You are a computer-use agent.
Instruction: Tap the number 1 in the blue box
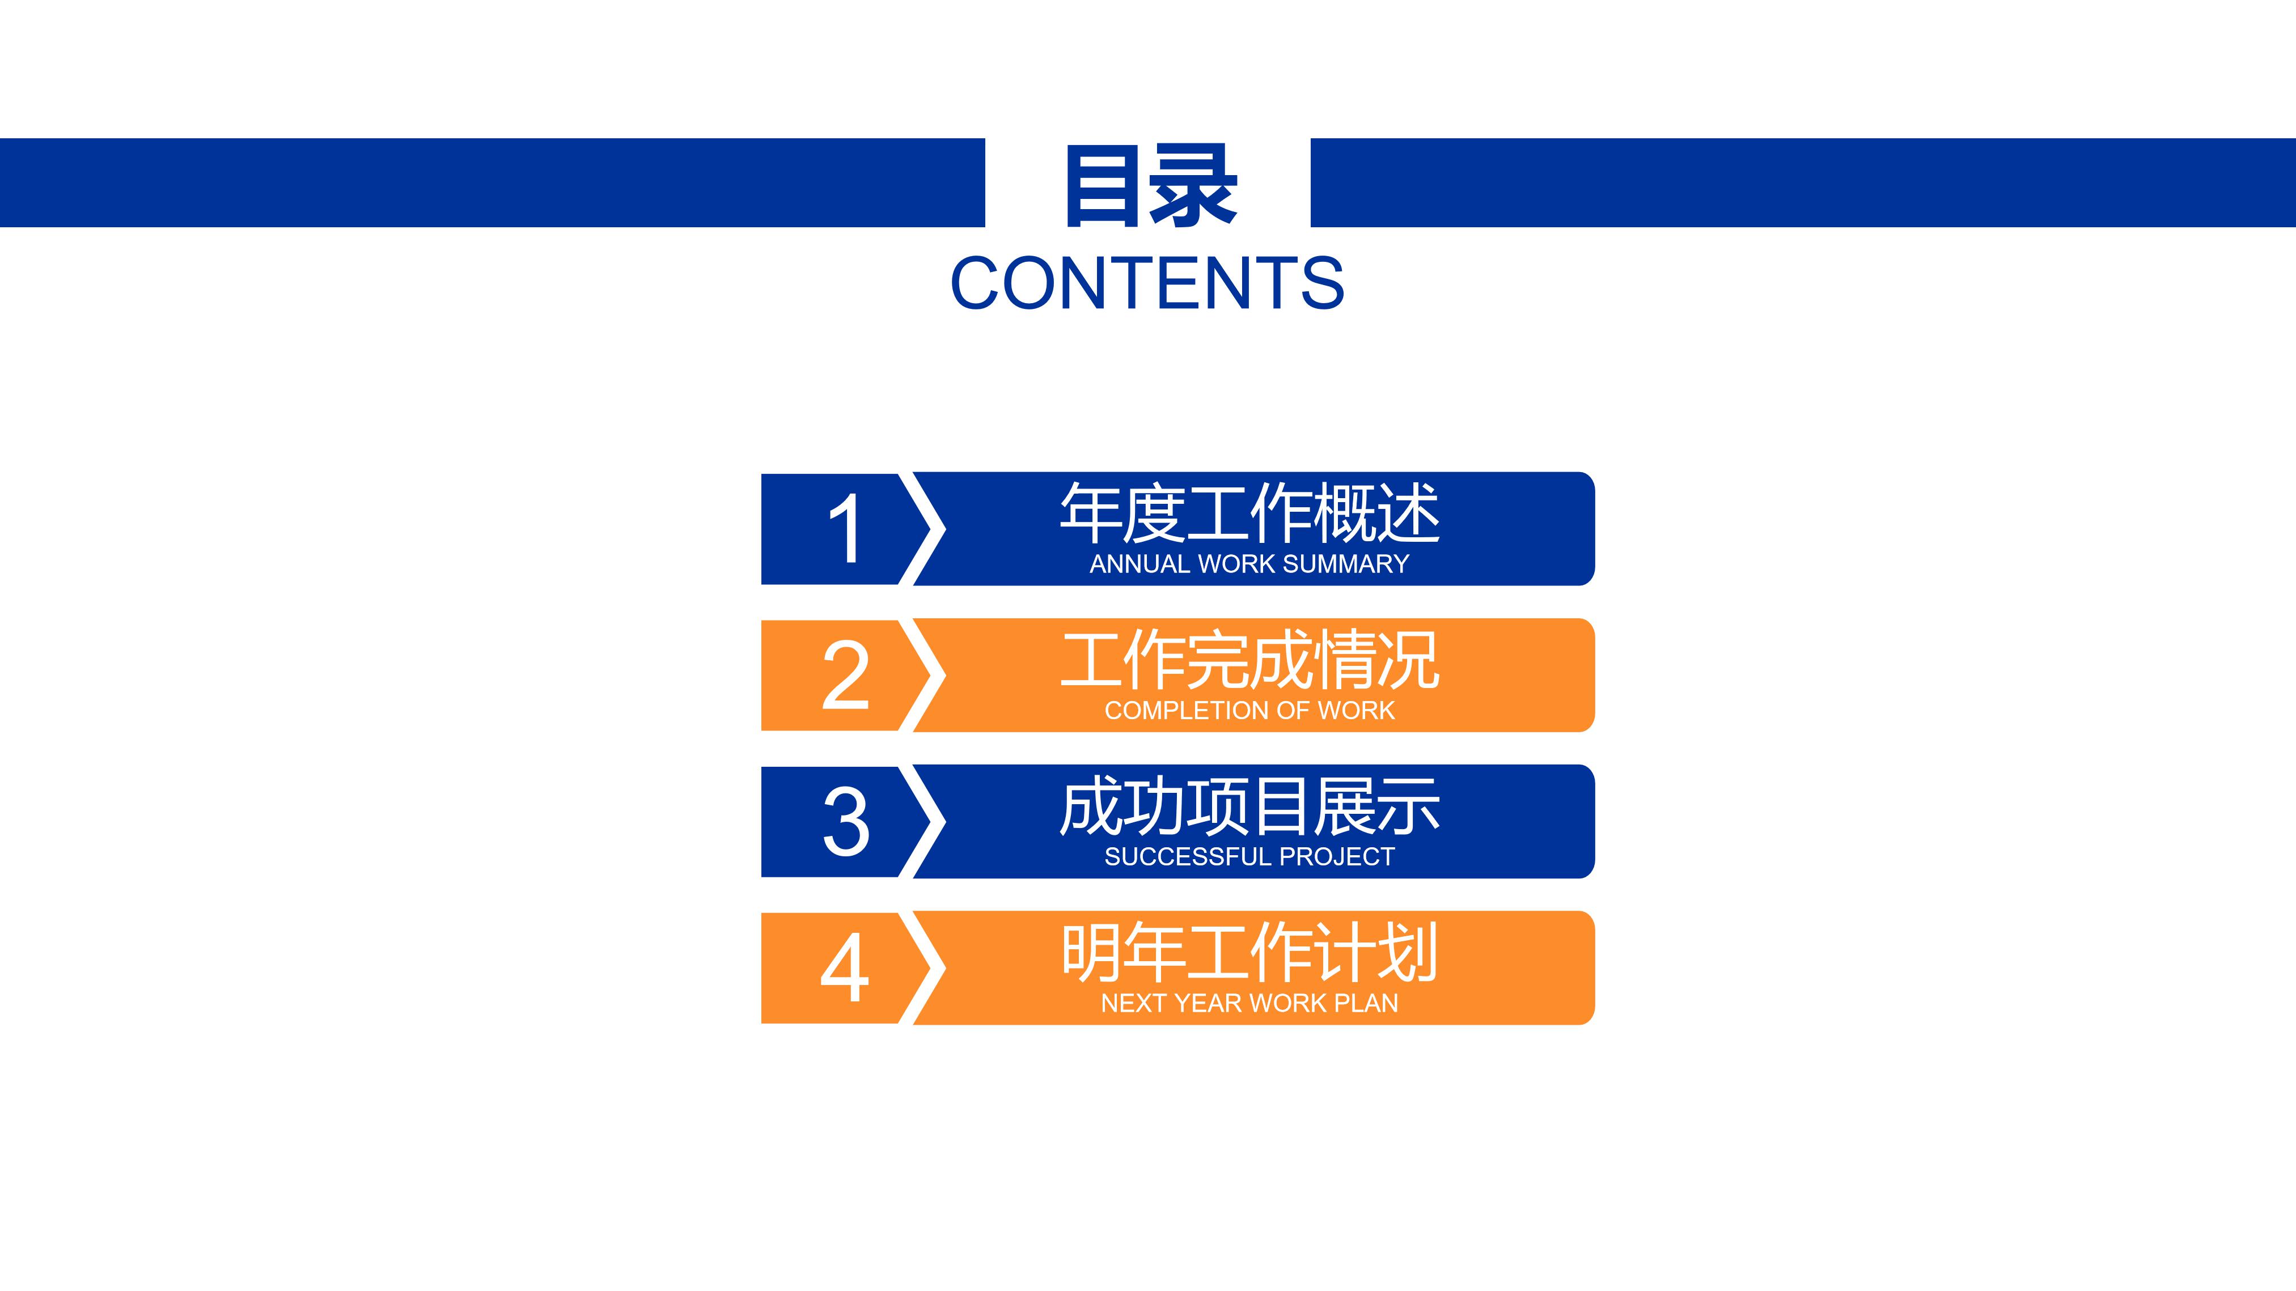coord(844,530)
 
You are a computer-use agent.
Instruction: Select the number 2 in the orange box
coord(844,676)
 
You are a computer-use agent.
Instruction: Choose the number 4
coord(844,969)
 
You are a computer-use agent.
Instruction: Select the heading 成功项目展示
coord(1249,806)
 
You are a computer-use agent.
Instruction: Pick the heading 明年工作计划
coord(1249,953)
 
